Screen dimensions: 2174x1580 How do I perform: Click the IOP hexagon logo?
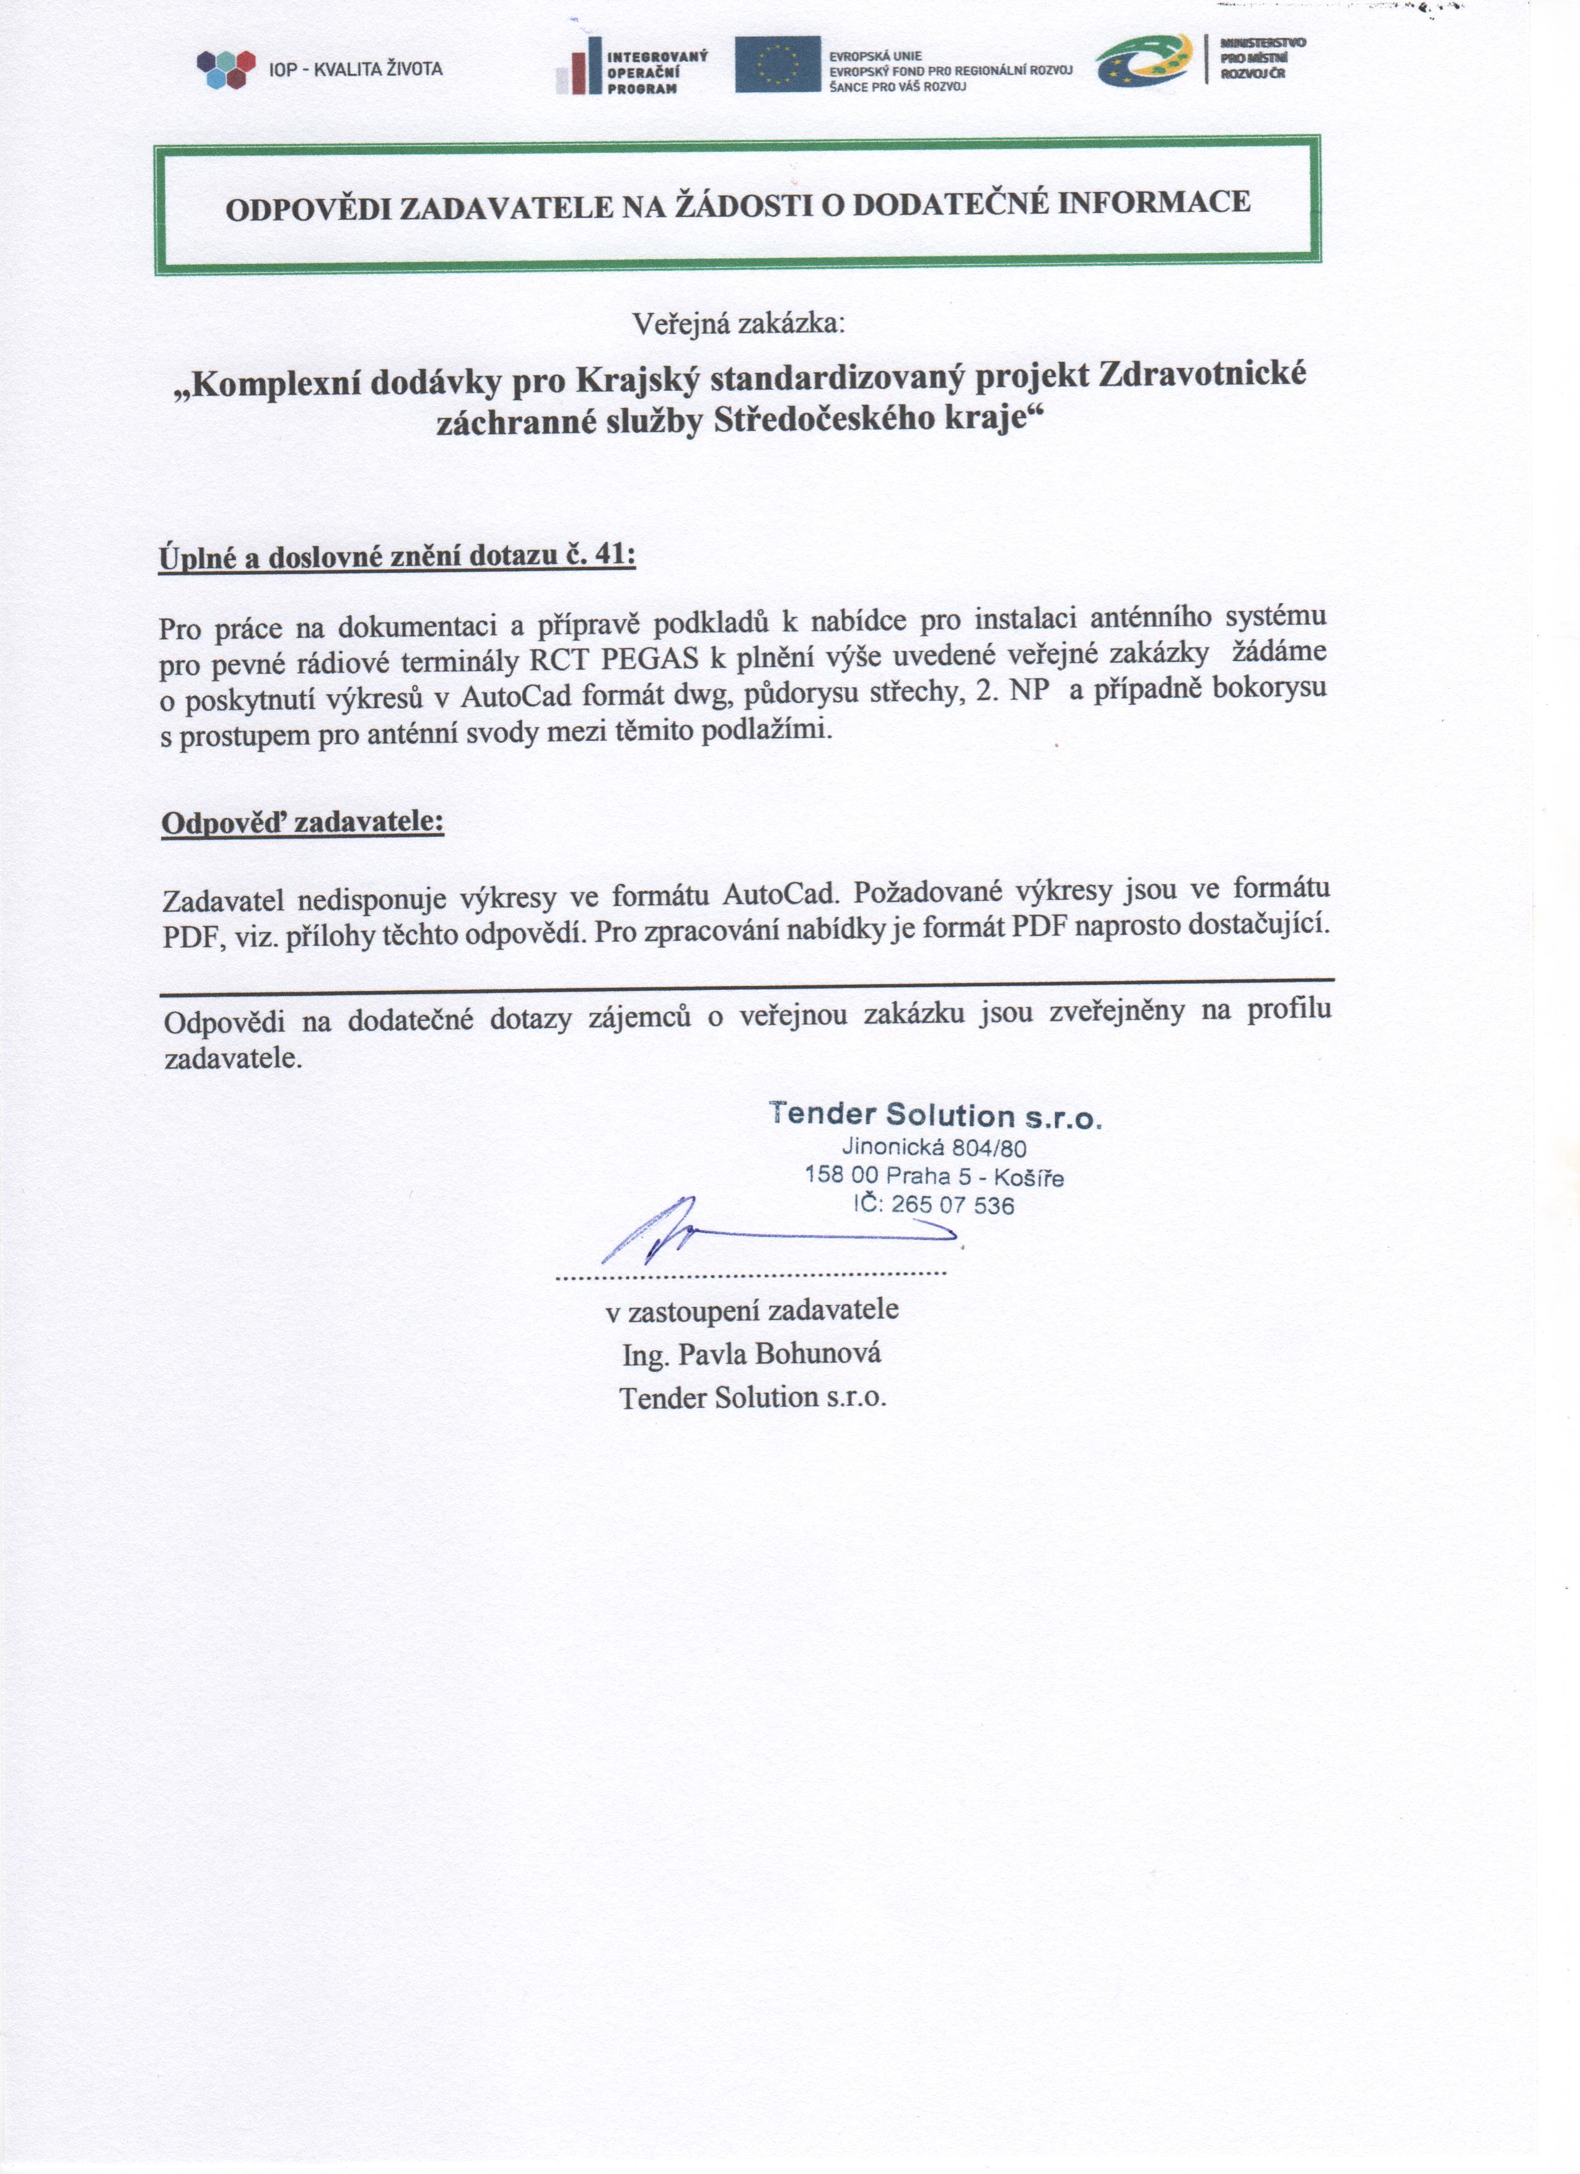[x=226, y=69]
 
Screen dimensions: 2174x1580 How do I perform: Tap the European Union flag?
[x=778, y=64]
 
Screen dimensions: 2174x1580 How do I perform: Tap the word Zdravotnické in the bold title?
[x=1202, y=374]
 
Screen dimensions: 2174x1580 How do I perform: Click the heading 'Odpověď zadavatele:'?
[x=303, y=823]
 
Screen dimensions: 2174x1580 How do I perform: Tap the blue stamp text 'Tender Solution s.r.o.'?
[x=935, y=1115]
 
